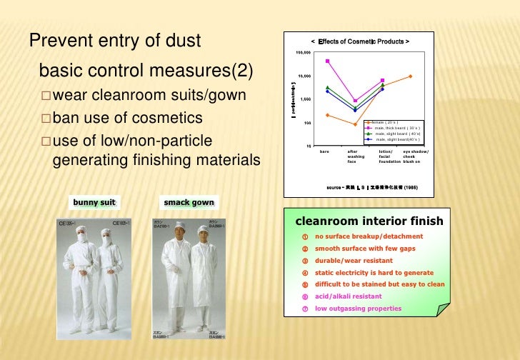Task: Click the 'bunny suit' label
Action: [94, 202]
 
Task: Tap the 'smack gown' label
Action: [188, 202]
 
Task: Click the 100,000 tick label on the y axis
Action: [303, 53]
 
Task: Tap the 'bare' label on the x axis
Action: [325, 151]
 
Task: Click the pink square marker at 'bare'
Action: [327, 61]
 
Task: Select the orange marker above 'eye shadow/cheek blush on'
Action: [410, 76]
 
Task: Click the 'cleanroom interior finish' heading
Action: [369, 221]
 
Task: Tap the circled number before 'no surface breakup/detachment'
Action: [304, 236]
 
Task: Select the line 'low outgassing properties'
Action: [358, 309]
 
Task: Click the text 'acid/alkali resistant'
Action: [349, 296]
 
